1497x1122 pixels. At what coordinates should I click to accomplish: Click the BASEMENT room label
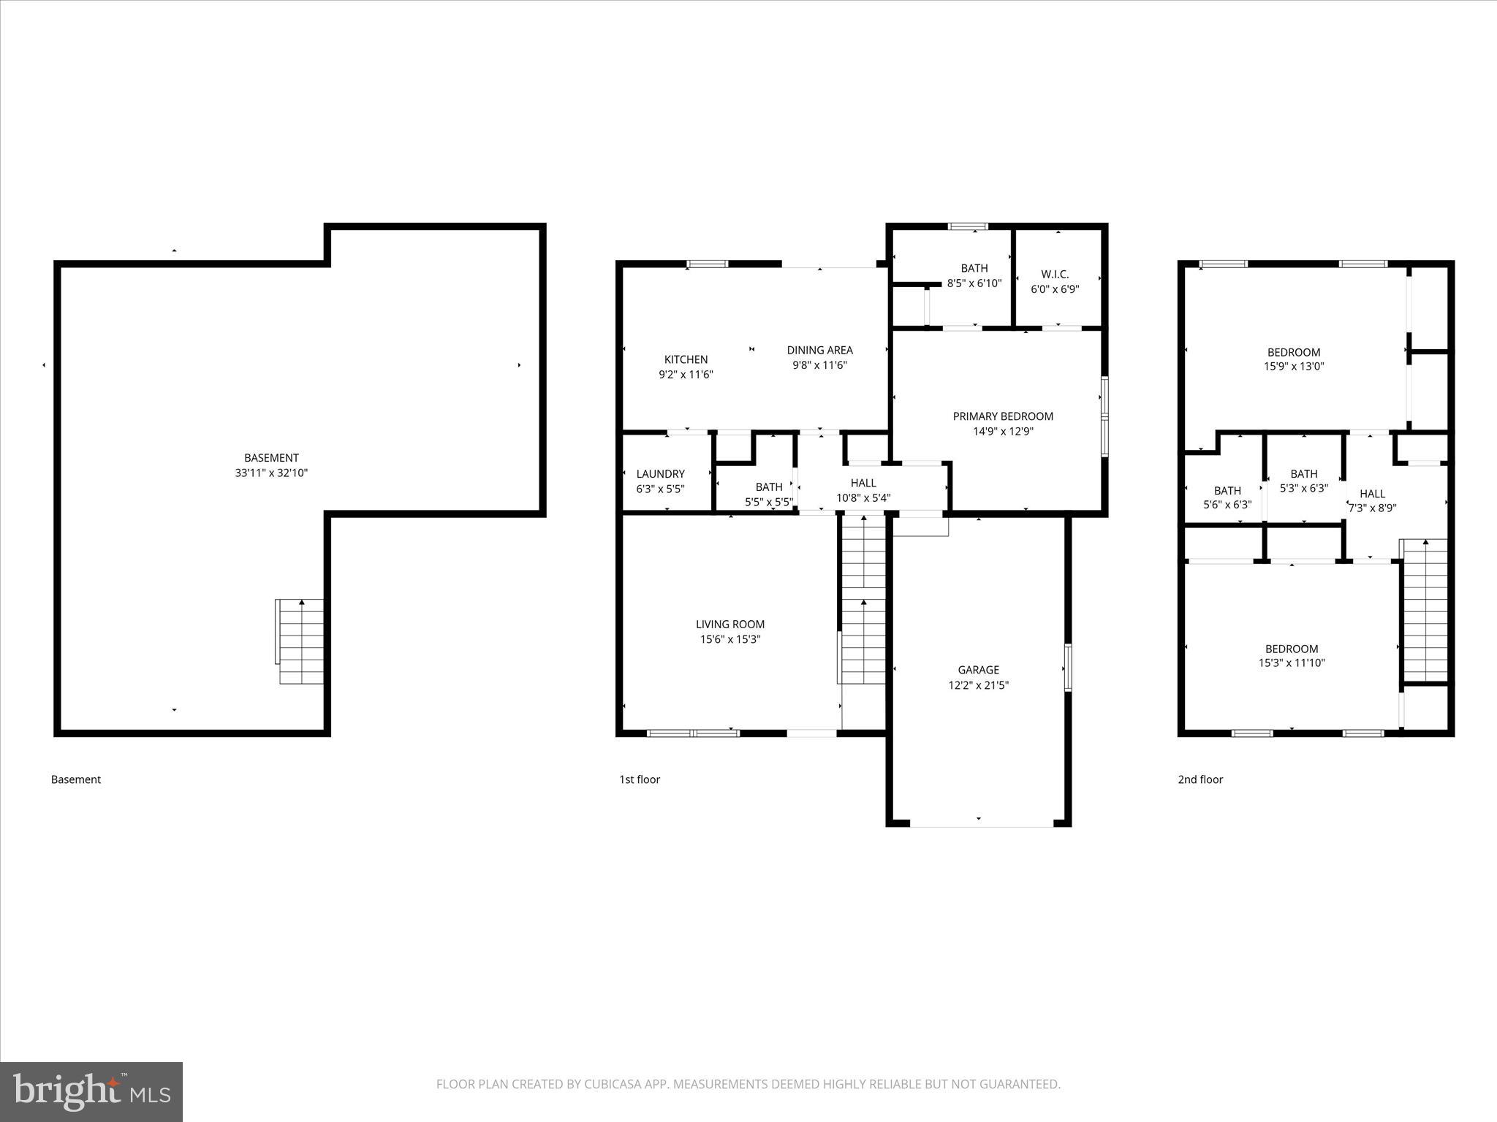click(271, 458)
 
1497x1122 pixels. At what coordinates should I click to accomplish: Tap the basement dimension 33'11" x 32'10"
click(271, 473)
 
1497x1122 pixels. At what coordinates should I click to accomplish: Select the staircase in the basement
click(300, 641)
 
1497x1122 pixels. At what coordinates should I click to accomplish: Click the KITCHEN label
click(686, 359)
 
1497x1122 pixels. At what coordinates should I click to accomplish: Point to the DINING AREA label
click(819, 350)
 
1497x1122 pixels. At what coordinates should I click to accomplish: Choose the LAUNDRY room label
click(660, 474)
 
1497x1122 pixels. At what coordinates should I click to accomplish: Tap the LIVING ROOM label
click(729, 624)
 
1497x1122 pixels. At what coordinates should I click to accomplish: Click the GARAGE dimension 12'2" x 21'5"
click(978, 685)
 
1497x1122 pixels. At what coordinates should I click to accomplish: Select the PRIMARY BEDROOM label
click(1003, 416)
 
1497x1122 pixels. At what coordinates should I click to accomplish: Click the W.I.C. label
click(1055, 274)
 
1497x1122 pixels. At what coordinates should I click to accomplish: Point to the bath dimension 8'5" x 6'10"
click(974, 283)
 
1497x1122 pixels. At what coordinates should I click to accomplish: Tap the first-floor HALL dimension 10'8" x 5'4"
click(863, 498)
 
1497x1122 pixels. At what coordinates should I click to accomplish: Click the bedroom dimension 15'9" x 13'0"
click(1294, 367)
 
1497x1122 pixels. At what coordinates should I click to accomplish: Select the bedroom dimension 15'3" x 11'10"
click(1292, 663)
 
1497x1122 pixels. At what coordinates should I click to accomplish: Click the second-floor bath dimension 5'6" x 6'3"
click(1227, 505)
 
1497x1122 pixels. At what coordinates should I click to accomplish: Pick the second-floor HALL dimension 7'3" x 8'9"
click(1372, 508)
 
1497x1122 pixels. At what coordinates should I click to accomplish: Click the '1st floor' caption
click(639, 779)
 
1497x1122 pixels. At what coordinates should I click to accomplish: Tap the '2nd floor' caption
click(1200, 779)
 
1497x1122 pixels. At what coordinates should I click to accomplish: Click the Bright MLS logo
click(91, 1091)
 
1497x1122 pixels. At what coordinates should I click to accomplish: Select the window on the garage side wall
click(1067, 667)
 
